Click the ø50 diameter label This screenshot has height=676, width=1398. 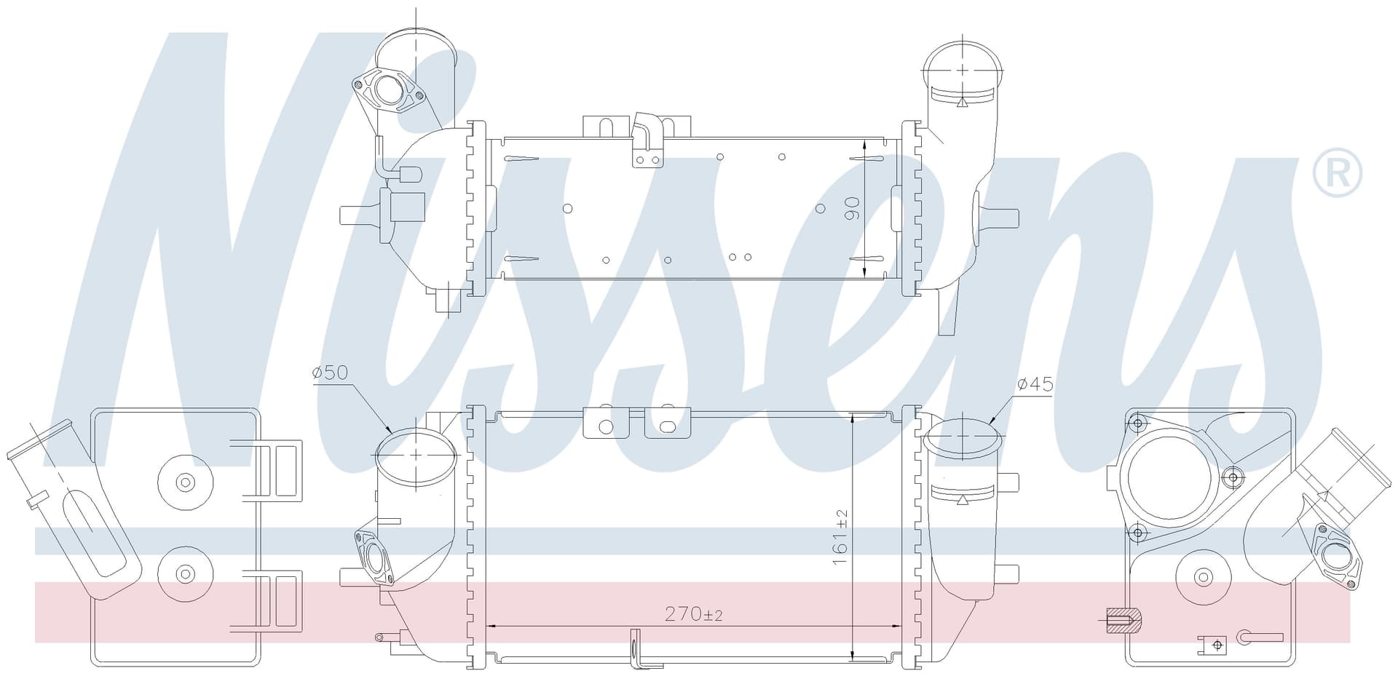click(330, 373)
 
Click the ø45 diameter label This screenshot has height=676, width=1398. click(1035, 383)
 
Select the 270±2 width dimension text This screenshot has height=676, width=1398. click(694, 614)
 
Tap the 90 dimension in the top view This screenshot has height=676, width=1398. click(852, 208)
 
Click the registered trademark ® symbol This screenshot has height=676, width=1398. click(1337, 173)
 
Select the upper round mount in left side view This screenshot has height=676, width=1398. click(185, 482)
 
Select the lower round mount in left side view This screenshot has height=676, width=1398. click(185, 573)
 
